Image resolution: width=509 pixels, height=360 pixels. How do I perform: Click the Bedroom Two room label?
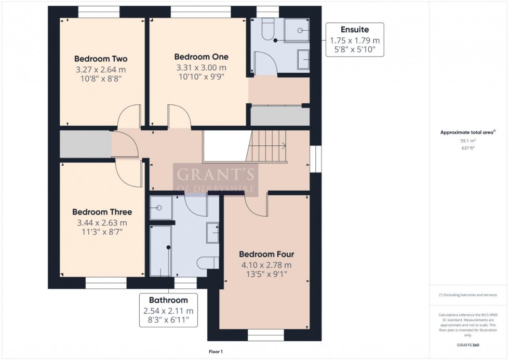click(101, 59)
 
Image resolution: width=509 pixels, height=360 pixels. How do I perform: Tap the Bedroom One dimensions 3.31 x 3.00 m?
click(201, 68)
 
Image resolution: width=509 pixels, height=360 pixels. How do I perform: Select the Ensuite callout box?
click(355, 39)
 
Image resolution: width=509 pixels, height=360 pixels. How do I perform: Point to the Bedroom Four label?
click(266, 255)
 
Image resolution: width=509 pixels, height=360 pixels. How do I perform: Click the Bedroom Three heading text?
click(102, 212)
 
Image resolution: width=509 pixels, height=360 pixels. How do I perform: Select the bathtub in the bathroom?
click(160, 250)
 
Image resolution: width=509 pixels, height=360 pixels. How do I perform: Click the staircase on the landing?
click(267, 146)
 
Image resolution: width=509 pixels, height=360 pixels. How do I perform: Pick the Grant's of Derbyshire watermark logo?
click(215, 179)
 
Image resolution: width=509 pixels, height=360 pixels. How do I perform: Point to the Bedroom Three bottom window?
click(106, 283)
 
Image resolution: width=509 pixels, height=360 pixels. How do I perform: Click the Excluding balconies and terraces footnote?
click(468, 295)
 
